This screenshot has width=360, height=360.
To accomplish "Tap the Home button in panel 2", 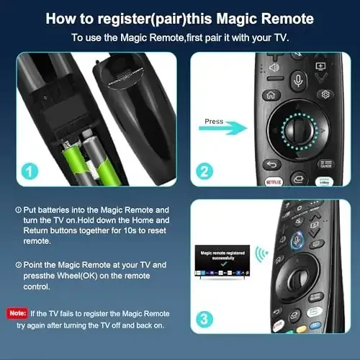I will tap(272, 94).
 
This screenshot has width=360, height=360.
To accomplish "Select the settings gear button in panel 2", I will tap(325, 94).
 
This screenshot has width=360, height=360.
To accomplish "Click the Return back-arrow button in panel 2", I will tap(272, 165).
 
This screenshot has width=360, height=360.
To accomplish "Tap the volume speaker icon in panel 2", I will tap(274, 66).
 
